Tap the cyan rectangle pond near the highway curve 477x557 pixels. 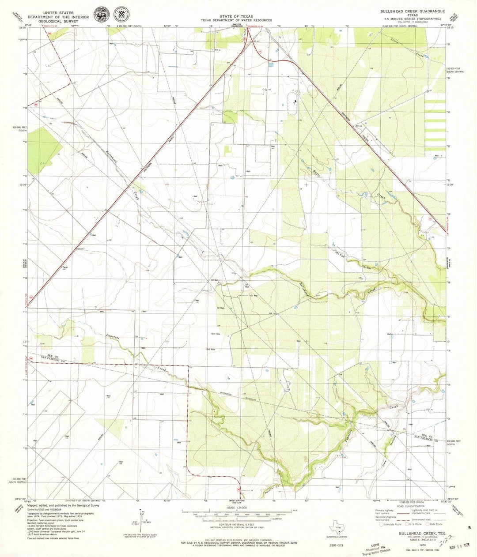tap(270, 64)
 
